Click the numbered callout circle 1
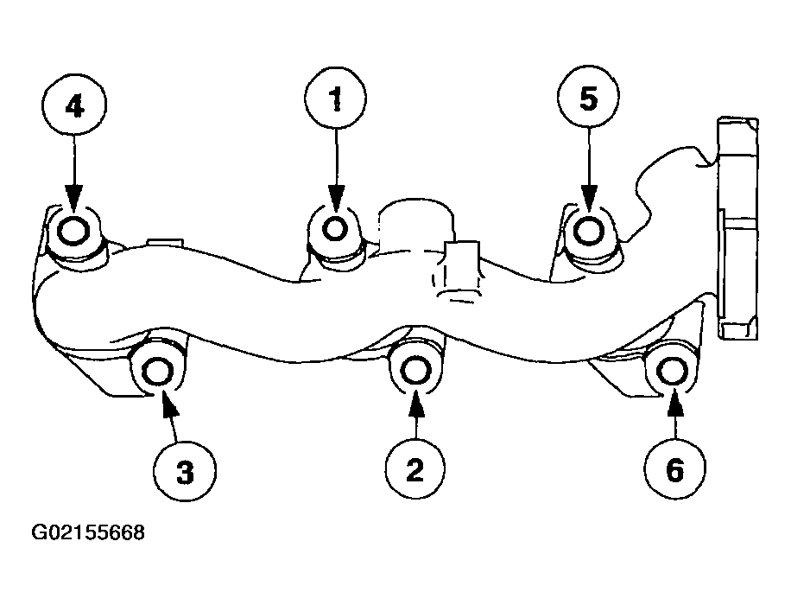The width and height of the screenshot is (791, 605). click(x=335, y=98)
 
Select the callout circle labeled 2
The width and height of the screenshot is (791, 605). click(x=415, y=469)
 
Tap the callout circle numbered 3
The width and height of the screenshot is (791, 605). click(x=185, y=472)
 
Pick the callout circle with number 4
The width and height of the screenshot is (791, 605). click(x=74, y=105)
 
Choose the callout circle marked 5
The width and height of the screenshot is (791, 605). click(x=588, y=97)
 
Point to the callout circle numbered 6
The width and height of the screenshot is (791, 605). click(x=674, y=469)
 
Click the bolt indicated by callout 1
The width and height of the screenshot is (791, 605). click(x=335, y=229)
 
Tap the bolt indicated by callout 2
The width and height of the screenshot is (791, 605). click(x=415, y=371)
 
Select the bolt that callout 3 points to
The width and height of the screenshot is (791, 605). click(x=157, y=373)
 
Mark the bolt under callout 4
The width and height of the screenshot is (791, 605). click(x=73, y=232)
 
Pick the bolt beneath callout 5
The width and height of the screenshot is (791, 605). click(x=589, y=231)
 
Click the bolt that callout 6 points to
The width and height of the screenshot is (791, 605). click(x=672, y=371)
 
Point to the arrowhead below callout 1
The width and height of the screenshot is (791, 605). click(x=336, y=196)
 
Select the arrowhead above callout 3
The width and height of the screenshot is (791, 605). click(x=169, y=404)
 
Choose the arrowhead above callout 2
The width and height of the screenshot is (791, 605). click(x=415, y=403)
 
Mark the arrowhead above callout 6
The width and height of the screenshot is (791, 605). click(x=675, y=404)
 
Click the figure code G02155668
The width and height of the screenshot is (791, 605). click(x=88, y=532)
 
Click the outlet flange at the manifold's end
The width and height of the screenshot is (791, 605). click(x=737, y=227)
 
